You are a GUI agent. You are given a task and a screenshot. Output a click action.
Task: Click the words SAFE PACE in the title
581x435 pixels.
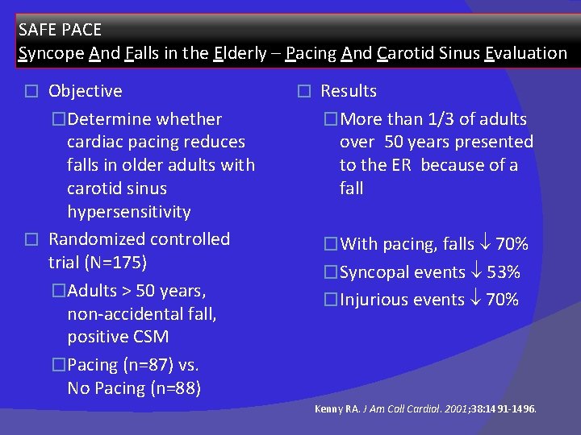(60, 30)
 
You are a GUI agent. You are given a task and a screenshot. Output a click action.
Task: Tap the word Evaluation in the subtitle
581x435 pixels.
(526, 53)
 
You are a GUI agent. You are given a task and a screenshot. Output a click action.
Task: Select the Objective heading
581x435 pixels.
(85, 91)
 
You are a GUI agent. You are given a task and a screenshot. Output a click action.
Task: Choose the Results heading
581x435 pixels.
(349, 91)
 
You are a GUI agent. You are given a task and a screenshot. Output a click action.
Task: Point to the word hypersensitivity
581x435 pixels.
(129, 212)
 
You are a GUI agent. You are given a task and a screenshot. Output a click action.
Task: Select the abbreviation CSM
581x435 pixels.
(151, 337)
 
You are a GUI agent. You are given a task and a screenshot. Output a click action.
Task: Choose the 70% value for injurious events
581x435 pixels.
(502, 300)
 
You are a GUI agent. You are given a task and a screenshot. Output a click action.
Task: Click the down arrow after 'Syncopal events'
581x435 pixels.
(477, 272)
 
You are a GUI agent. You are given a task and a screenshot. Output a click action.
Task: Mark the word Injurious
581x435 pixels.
(372, 300)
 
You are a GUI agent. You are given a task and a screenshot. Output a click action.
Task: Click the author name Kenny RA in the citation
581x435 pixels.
(337, 409)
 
